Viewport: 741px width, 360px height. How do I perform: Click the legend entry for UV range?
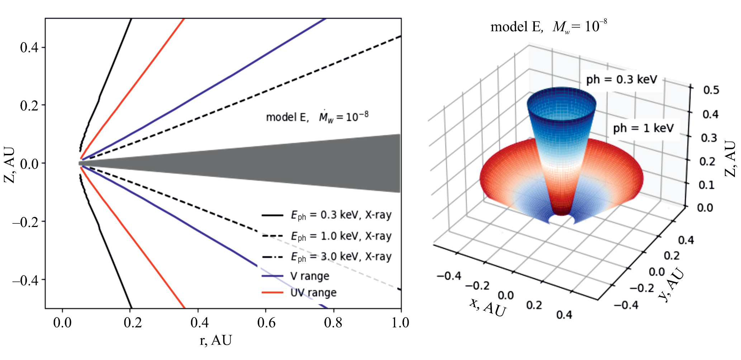(313, 293)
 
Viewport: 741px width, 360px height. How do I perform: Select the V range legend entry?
(310, 276)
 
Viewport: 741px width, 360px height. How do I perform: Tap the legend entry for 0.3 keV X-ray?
(341, 215)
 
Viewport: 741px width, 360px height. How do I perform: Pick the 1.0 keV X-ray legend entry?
(341, 236)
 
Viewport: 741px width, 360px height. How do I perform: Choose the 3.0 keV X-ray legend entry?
(341, 257)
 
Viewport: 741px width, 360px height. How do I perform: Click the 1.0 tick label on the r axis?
(400, 323)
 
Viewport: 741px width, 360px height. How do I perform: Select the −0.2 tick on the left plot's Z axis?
(28, 222)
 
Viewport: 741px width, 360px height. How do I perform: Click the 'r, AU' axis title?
(216, 340)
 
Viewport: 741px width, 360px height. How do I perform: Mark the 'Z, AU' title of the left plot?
(10, 164)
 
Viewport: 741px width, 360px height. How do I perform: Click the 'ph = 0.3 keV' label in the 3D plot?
(622, 80)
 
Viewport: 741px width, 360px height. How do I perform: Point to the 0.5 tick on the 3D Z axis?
(711, 90)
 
